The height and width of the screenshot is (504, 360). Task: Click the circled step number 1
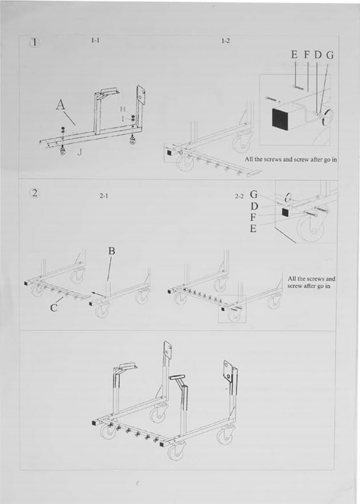(x=36, y=42)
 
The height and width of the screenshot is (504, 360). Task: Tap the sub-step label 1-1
(x=95, y=40)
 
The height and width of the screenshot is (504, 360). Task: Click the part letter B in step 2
(x=112, y=251)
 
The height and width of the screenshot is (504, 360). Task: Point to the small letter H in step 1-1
(x=123, y=109)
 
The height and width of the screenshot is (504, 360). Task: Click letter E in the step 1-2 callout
(x=295, y=55)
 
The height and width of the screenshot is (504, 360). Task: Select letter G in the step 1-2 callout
(x=330, y=55)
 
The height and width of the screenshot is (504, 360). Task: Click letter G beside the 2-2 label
(x=254, y=195)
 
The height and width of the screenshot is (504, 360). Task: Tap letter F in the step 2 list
(x=254, y=217)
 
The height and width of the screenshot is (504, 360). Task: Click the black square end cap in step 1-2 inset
(x=280, y=119)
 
